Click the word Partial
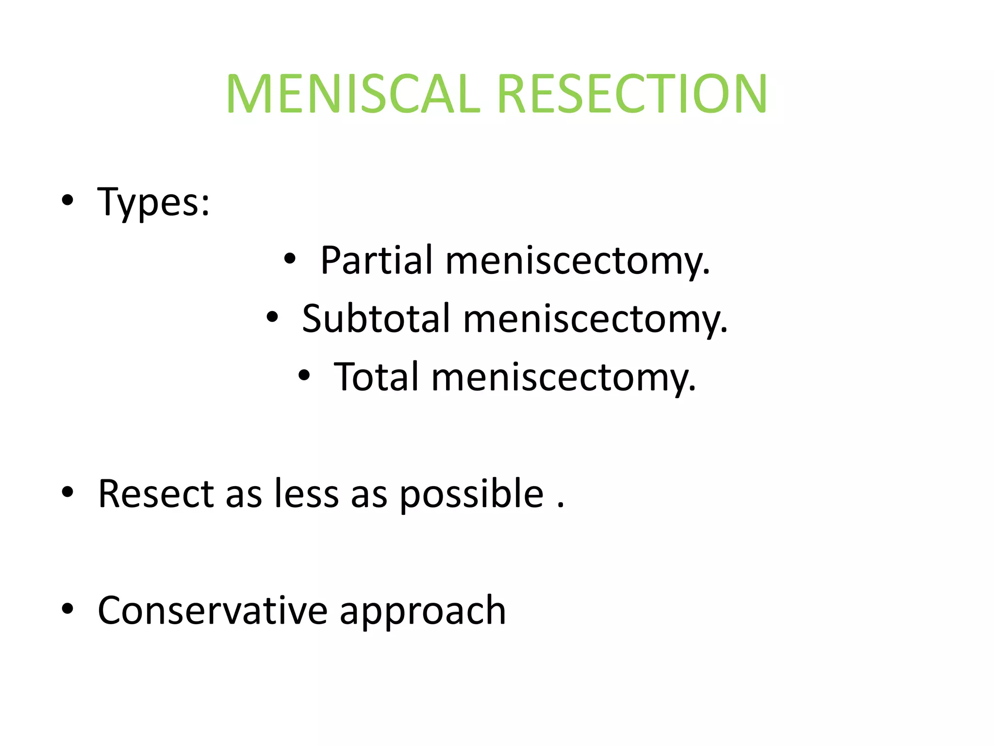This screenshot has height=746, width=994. point(376,260)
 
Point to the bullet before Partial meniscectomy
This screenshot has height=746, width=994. point(290,259)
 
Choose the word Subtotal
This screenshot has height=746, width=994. point(376,319)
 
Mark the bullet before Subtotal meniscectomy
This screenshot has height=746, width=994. point(272,317)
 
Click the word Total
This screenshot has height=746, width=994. point(376,377)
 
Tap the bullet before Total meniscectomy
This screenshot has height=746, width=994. point(304,375)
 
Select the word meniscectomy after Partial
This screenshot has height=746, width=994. point(578,261)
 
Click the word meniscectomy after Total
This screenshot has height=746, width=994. point(563,378)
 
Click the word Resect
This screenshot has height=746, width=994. point(156,494)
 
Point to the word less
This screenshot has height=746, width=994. point(307,494)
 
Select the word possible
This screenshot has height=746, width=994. point(472,495)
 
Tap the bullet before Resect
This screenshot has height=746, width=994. point(67,492)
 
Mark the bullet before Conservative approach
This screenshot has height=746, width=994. point(67,609)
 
